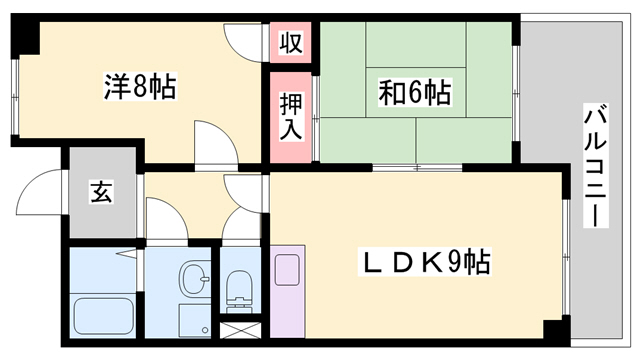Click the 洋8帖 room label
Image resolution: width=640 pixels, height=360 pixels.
pyautogui.click(x=139, y=88)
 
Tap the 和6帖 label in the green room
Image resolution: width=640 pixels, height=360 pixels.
pyautogui.click(x=413, y=94)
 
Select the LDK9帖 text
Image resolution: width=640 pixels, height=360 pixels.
pyautogui.click(x=424, y=263)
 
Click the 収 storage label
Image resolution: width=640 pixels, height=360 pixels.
pyautogui.click(x=291, y=44)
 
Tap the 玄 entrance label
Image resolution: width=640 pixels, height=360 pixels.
pyautogui.click(x=102, y=192)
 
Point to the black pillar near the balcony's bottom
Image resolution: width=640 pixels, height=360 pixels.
pyautogui.click(x=553, y=330)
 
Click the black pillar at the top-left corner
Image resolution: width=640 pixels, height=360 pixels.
pyautogui.click(x=25, y=37)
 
